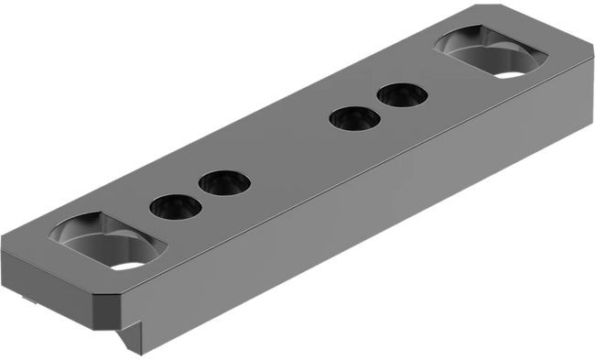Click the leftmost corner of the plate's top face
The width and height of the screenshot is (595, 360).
tap(7, 236)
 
